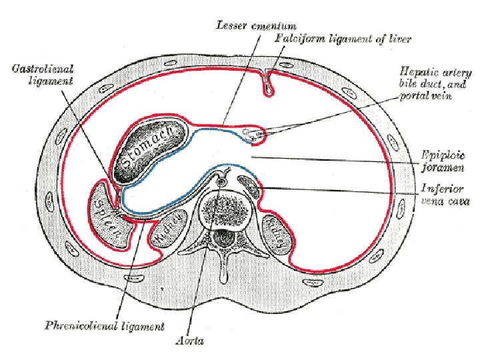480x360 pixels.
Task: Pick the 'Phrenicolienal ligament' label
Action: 104,326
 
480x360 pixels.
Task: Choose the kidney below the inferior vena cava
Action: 277,234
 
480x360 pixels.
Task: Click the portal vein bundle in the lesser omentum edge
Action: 255,134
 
